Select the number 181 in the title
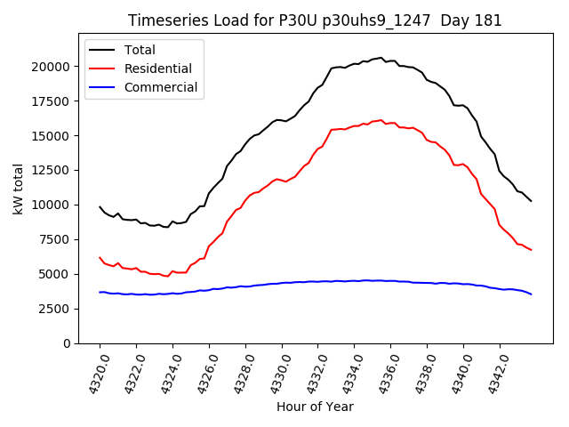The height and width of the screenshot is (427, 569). tap(488, 20)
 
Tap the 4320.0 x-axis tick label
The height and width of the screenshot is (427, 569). tap(93, 373)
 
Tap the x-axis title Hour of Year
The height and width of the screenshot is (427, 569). tap(315, 407)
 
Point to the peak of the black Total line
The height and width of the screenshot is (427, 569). tap(381, 58)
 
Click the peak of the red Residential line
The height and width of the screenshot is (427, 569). tap(381, 120)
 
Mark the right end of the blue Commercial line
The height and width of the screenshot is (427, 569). tap(532, 294)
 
